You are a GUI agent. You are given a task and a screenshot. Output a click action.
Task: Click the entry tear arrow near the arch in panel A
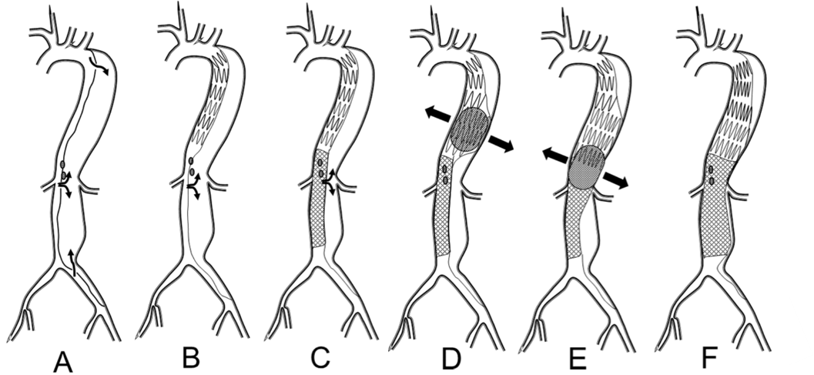point(99,65)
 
